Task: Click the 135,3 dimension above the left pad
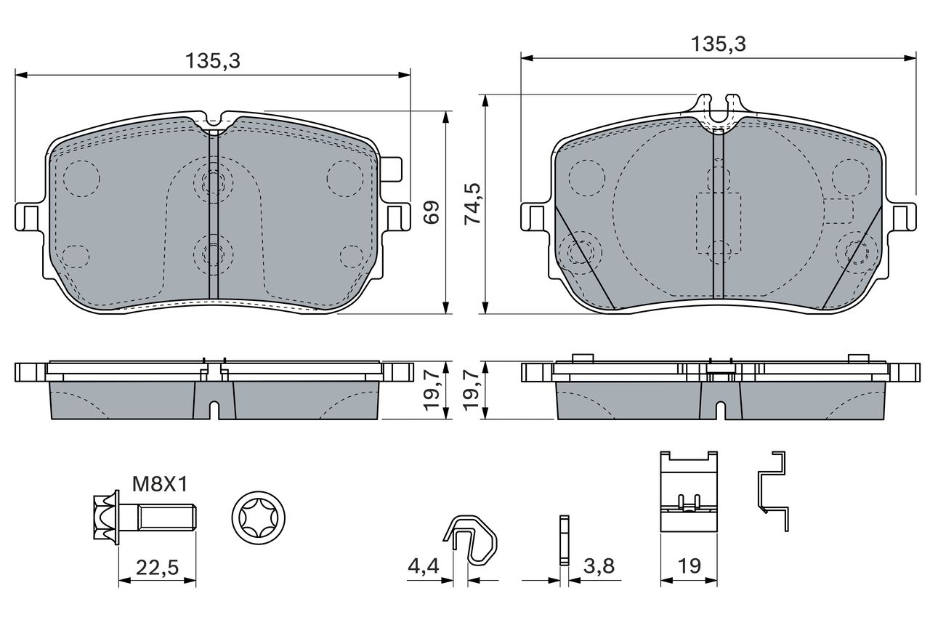(213, 61)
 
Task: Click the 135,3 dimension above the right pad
(719, 44)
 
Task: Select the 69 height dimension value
(431, 212)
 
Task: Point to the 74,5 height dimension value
(472, 204)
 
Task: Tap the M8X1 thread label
(161, 484)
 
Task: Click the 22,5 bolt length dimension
(158, 567)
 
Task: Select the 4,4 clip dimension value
(423, 566)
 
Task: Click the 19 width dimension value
(690, 566)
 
